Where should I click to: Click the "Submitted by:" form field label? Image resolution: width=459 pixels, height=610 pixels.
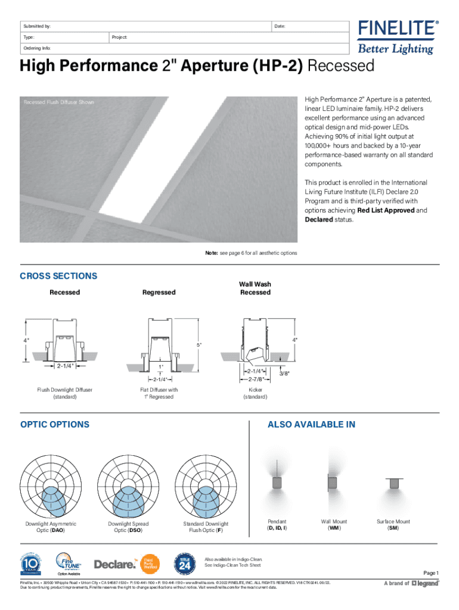37,27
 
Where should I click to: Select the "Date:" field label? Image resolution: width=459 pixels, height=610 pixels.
280,27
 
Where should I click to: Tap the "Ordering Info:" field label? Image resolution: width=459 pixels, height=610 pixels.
37,48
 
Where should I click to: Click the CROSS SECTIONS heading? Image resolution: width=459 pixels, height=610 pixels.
58,276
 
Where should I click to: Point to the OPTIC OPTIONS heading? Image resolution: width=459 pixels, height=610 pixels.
55,424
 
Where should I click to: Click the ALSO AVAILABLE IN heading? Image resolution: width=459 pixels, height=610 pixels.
311,424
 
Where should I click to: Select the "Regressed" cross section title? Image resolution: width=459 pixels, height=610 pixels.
159,292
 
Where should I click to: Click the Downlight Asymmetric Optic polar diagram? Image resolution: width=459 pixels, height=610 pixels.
51,485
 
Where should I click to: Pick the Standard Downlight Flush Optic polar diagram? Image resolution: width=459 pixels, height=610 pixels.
206,485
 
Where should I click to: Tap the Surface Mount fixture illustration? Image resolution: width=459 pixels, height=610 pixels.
393,483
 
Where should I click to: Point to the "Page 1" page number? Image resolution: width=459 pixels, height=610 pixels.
430,573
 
